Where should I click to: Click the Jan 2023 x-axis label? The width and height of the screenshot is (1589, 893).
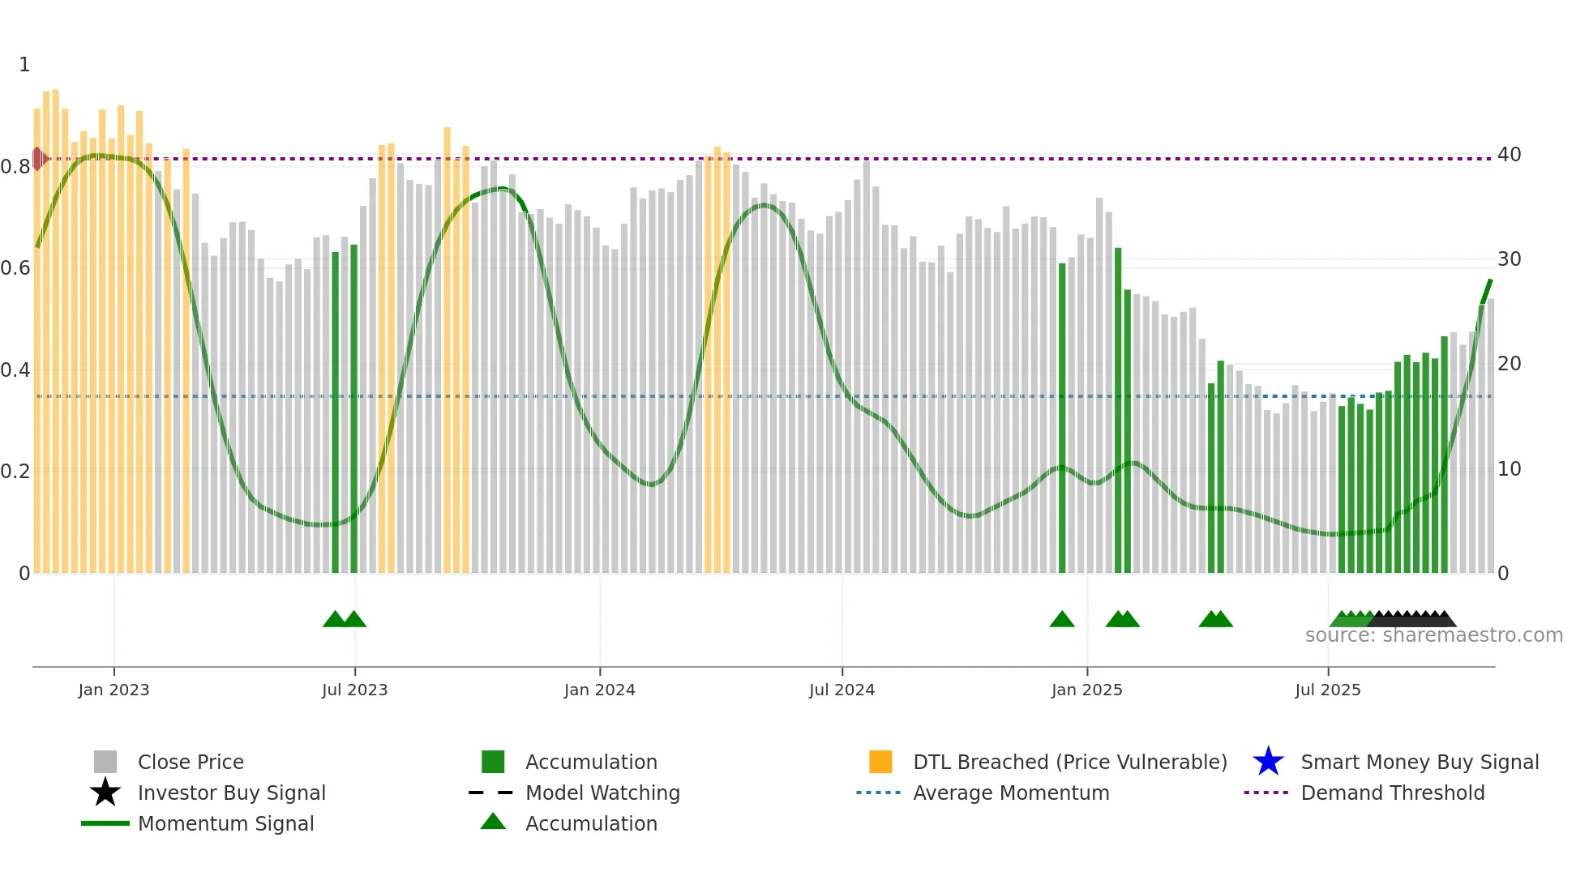[113, 690]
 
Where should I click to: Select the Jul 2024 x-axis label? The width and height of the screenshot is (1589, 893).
[842, 690]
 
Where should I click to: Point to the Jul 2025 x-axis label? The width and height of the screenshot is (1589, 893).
[1327, 690]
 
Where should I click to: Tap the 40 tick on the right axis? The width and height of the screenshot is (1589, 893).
[1509, 154]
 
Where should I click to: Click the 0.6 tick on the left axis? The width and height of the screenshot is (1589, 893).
[15, 267]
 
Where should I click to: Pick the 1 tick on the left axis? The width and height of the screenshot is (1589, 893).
[24, 64]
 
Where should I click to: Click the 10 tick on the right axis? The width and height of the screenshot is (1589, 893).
[1509, 468]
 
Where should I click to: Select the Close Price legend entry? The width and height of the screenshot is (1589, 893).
[191, 762]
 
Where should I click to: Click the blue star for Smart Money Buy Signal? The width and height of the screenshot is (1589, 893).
[1268, 762]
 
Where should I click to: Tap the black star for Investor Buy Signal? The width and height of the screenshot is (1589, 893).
[105, 793]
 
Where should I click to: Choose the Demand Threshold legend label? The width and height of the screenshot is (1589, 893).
[1392, 793]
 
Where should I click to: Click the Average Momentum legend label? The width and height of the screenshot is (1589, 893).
[1011, 793]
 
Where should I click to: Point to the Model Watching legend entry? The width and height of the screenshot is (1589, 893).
[602, 793]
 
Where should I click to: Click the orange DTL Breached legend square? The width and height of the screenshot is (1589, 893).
[880, 762]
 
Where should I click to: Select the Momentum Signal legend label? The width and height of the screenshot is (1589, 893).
[225, 823]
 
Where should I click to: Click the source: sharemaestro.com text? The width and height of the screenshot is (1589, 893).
[1433, 634]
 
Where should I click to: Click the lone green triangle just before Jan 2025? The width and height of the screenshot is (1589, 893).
[1062, 620]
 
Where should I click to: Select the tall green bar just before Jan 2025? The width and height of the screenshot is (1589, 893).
[1062, 417]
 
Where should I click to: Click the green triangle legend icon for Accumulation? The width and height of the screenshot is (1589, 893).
[493, 822]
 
